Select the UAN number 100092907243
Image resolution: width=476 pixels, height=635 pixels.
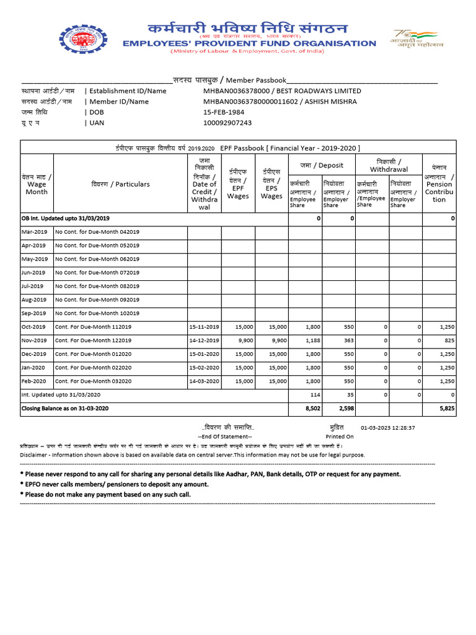point(227,123)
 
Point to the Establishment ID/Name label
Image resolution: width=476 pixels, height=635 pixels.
point(128,91)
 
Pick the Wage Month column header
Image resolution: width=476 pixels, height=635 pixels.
point(36,184)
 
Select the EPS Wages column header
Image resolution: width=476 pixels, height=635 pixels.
point(271,184)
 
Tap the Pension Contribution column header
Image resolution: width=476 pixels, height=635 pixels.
point(439,184)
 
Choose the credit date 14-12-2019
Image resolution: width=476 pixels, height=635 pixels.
point(205,340)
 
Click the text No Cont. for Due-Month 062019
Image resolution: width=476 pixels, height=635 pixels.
point(97,259)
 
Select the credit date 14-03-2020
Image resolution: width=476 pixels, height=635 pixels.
point(205,381)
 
